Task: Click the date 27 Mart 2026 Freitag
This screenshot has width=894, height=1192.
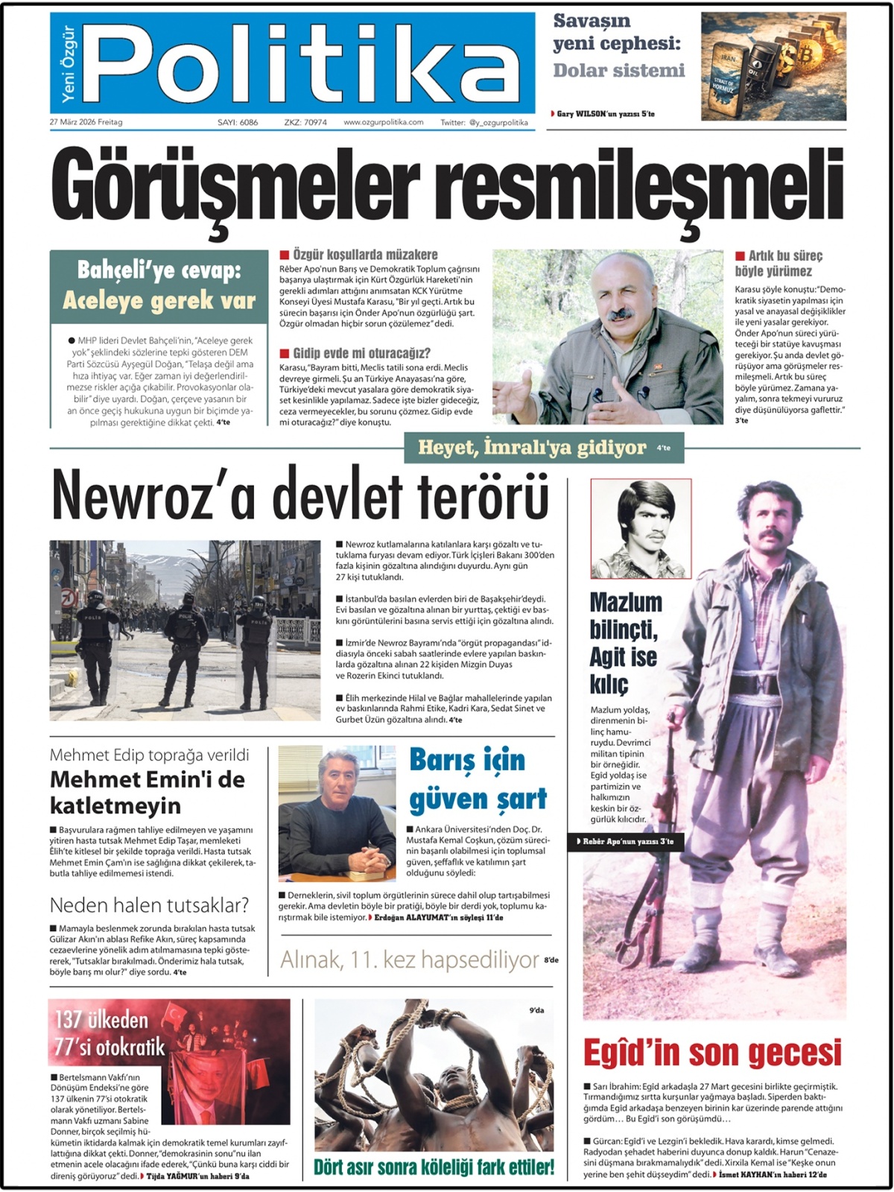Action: [x=86, y=122]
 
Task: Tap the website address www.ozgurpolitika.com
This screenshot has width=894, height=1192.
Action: [x=383, y=122]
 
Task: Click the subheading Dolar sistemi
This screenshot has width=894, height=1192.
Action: [x=618, y=71]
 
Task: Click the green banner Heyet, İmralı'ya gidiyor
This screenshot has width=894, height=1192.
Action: [x=532, y=448]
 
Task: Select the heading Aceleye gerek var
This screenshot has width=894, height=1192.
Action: [x=159, y=300]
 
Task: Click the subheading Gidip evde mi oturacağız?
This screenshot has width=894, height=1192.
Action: [x=361, y=353]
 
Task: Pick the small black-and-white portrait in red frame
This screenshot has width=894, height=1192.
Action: [x=641, y=529]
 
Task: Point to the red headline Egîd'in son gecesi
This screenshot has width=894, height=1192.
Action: [x=711, y=1053]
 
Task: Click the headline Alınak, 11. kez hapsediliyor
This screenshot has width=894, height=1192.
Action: [x=409, y=960]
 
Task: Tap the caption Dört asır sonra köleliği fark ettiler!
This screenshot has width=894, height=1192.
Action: [x=434, y=1167]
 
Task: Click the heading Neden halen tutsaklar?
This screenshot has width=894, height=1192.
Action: [x=149, y=905]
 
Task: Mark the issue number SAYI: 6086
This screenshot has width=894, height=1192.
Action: [x=238, y=122]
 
